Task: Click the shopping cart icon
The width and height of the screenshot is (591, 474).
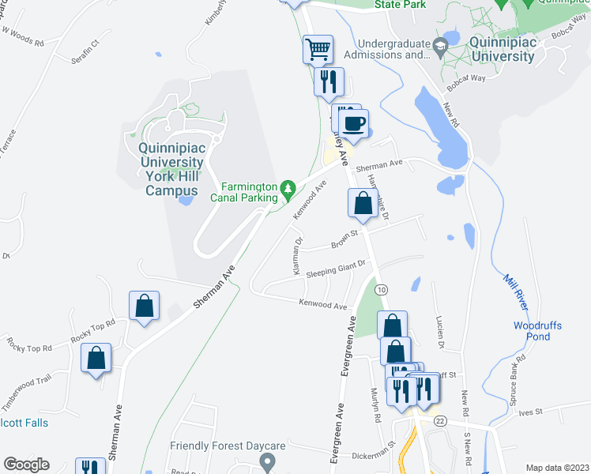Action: pos(318,50)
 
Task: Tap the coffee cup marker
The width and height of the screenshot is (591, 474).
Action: pos(353,124)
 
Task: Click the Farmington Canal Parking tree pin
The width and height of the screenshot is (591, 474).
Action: pos(289,188)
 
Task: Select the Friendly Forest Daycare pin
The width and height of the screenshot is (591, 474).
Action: pos(268,461)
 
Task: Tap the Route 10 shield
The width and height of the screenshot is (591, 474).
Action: pos(382,291)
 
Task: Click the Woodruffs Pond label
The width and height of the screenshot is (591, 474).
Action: pos(537,331)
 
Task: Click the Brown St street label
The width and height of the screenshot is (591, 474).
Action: pos(345,239)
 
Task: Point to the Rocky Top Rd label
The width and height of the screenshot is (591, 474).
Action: pos(92,329)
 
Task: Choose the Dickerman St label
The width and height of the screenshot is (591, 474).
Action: pos(373,455)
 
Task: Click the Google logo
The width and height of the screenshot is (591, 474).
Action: pos(26,465)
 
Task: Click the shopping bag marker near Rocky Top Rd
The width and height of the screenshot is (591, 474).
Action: pos(145,307)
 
